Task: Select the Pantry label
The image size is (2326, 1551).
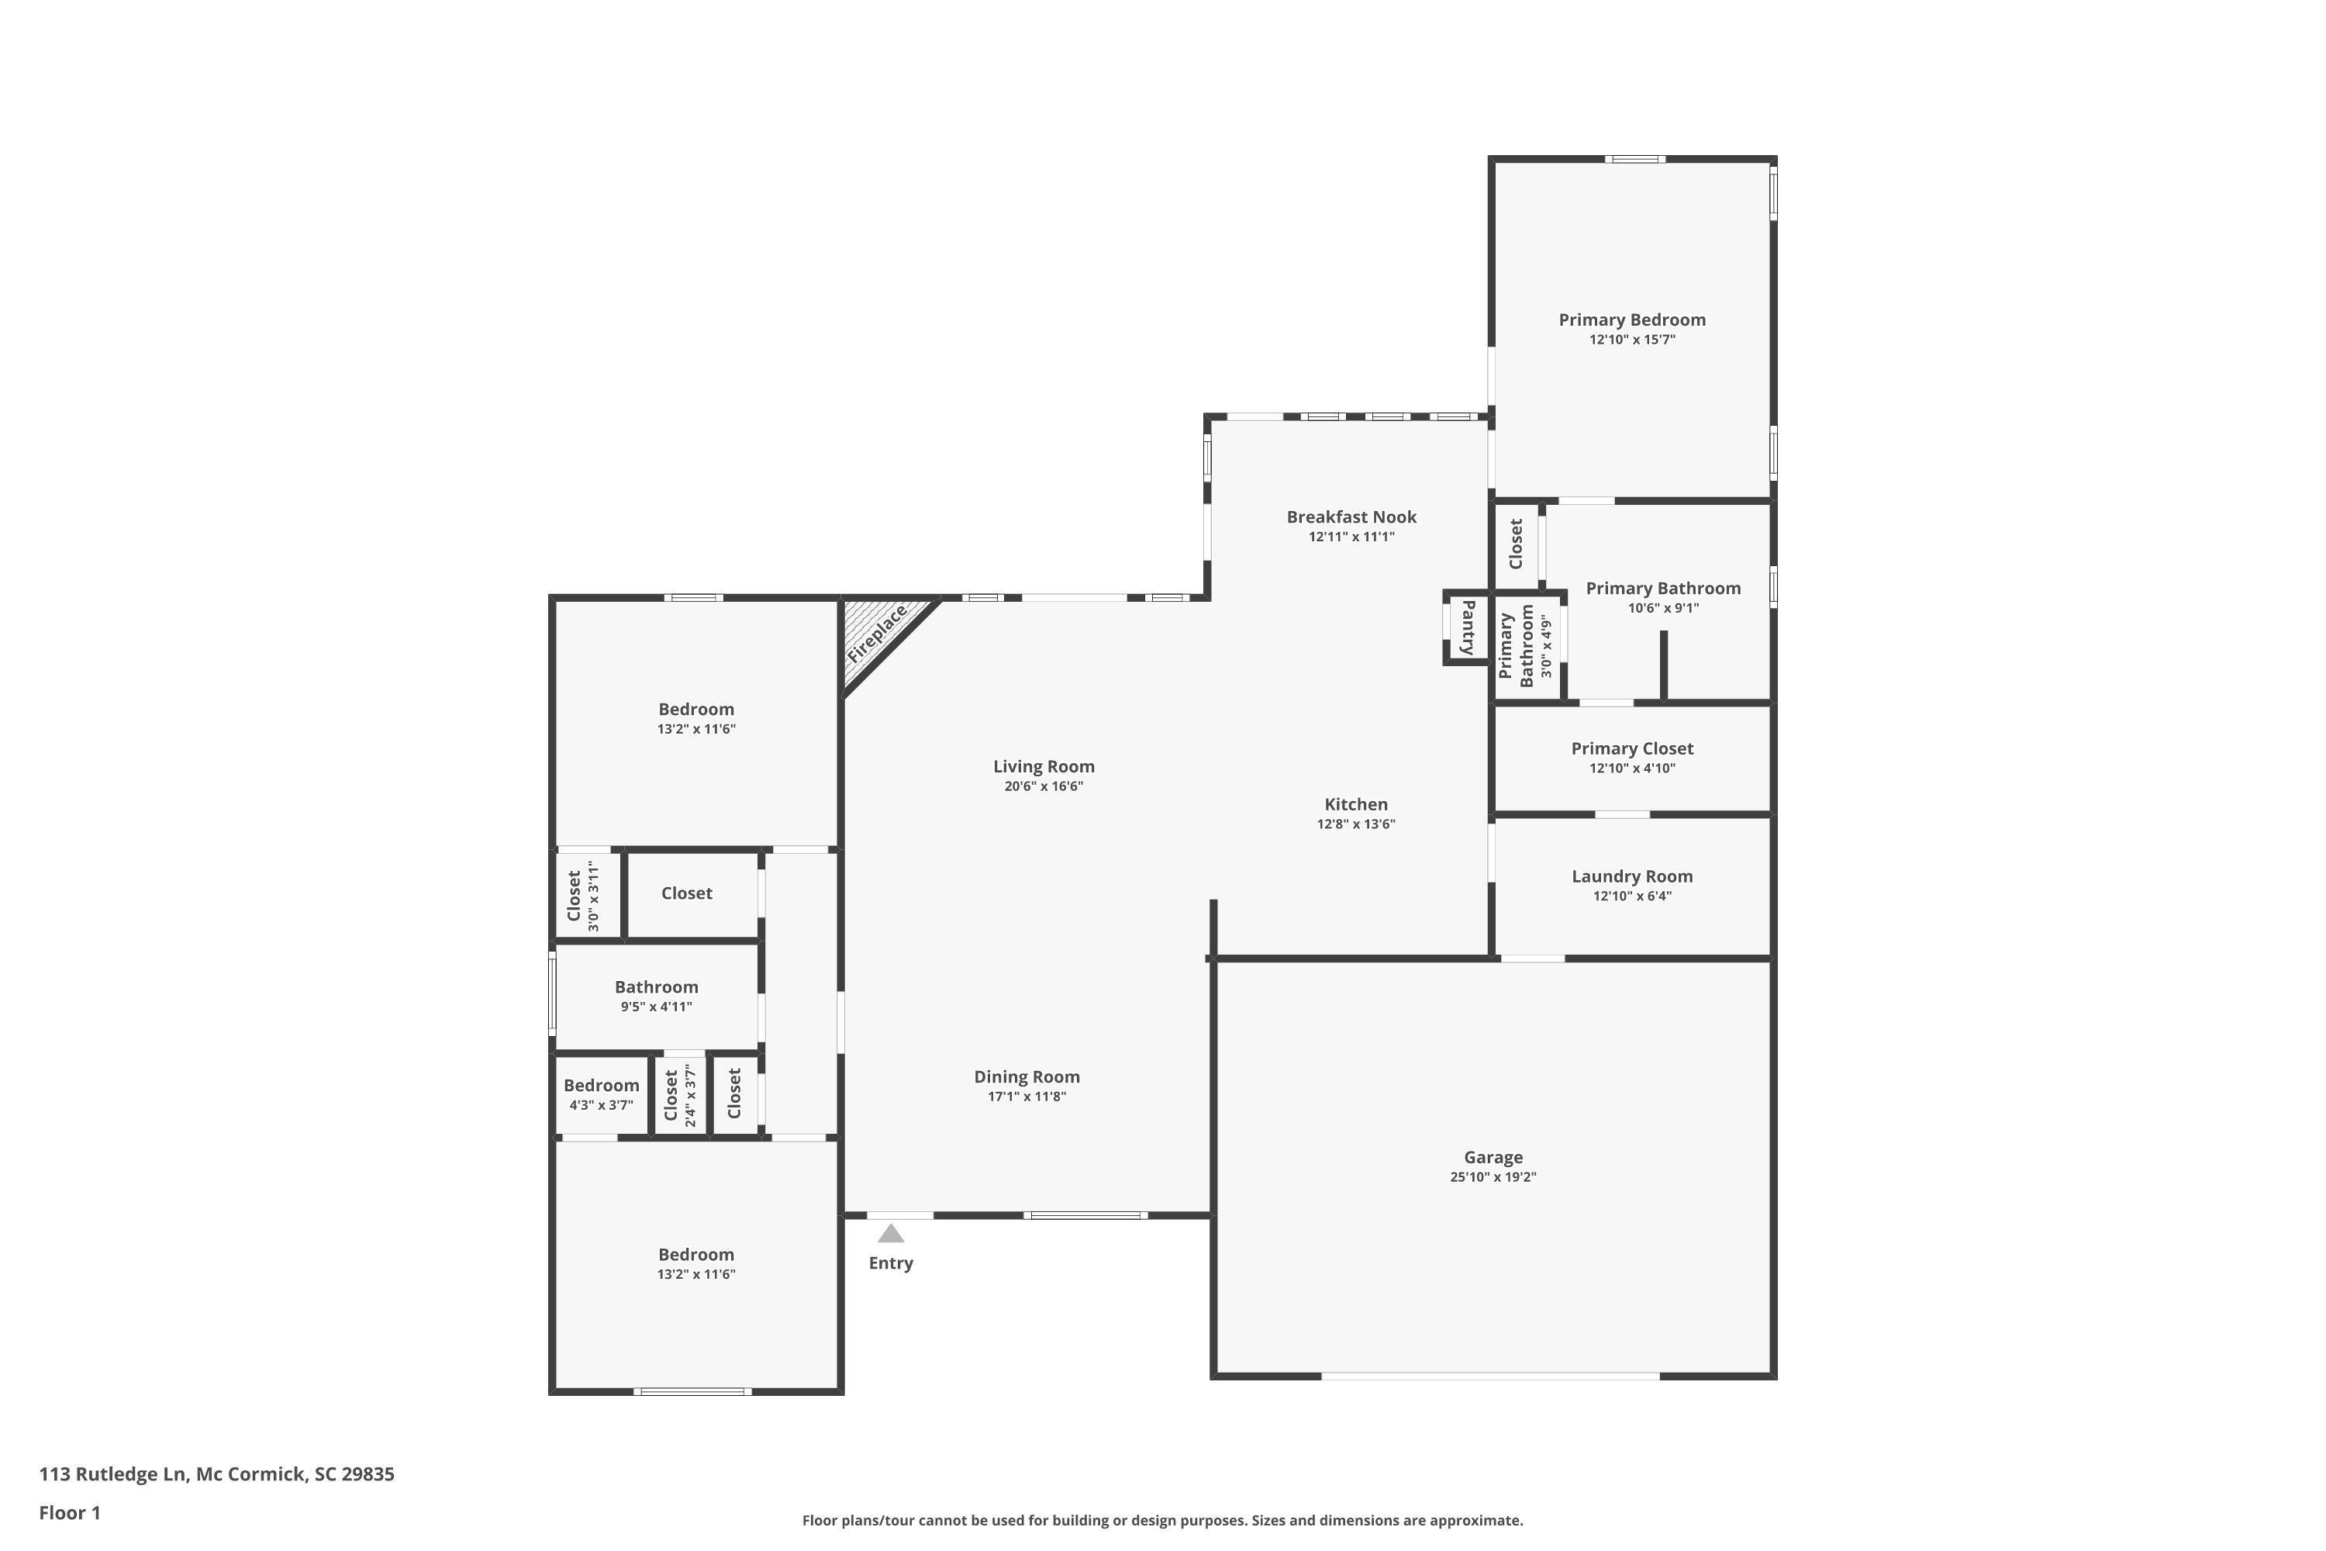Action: click(x=1468, y=628)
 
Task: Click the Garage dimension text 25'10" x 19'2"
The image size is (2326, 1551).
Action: click(x=1493, y=1177)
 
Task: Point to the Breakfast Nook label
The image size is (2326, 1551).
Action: click(x=1352, y=516)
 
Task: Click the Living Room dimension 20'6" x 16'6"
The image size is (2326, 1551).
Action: click(x=1044, y=786)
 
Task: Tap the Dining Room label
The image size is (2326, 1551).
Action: click(x=1027, y=1076)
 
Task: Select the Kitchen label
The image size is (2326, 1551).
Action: click(x=1356, y=804)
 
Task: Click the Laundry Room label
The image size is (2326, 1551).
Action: click(x=1632, y=876)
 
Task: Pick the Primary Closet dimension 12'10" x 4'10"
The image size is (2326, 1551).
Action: click(x=1632, y=769)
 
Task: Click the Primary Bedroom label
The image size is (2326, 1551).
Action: click(x=1632, y=320)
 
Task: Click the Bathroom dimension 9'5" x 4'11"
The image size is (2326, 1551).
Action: click(x=657, y=1007)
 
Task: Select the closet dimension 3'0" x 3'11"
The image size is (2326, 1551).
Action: click(x=593, y=896)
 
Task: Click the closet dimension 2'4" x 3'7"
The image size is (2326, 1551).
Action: click(x=690, y=1096)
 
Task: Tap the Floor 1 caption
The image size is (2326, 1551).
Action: click(x=71, y=1512)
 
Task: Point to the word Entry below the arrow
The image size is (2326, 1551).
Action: click(x=891, y=1263)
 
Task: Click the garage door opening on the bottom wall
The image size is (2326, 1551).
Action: click(x=1490, y=1376)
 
